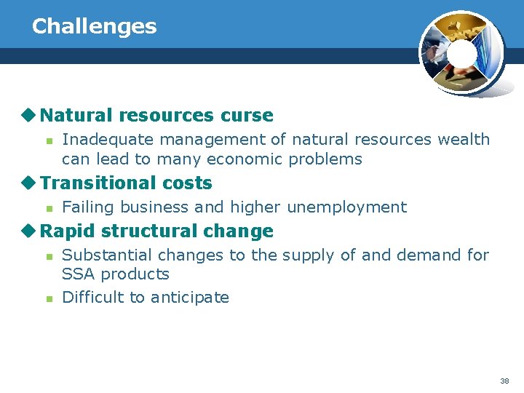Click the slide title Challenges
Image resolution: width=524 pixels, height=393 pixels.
94,26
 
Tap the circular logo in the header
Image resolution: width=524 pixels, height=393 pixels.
461,53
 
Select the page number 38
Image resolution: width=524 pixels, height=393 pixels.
504,381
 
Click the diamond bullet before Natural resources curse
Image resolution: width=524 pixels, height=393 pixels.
29,115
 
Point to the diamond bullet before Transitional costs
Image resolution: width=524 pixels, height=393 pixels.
29,183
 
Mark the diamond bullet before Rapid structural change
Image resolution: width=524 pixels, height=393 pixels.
29,231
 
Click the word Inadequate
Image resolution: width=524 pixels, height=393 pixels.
108,139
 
